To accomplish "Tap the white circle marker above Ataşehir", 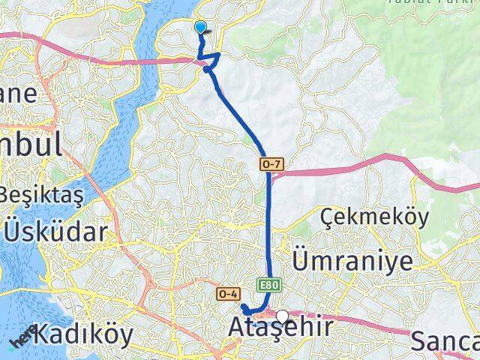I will [282, 316].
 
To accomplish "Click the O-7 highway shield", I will [271, 163].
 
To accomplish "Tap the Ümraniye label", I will [352, 262].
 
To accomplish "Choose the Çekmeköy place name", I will [374, 217].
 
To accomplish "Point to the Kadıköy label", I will [84, 334].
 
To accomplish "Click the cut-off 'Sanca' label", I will [445, 342].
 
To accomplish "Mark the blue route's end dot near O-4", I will [244, 307].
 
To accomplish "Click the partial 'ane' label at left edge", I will [18, 94].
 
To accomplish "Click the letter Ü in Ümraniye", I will [301, 260].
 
